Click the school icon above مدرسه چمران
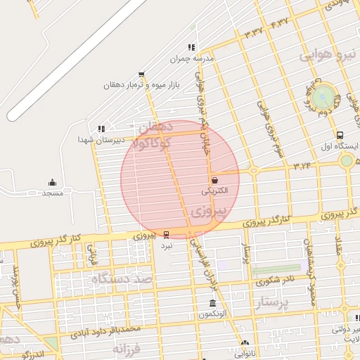pyautogui.click(x=191, y=47)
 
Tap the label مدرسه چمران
pyautogui.click(x=191, y=59)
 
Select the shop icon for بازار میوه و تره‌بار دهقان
pyautogui.click(x=142, y=74)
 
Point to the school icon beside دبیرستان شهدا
pyautogui.click(x=103, y=129)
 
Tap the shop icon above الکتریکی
pyautogui.click(x=214, y=179)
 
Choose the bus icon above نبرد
pyautogui.click(x=166, y=234)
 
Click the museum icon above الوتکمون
pyautogui.click(x=212, y=303)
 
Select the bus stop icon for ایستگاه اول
pyautogui.click(x=340, y=135)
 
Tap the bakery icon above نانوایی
pyautogui.click(x=245, y=344)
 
